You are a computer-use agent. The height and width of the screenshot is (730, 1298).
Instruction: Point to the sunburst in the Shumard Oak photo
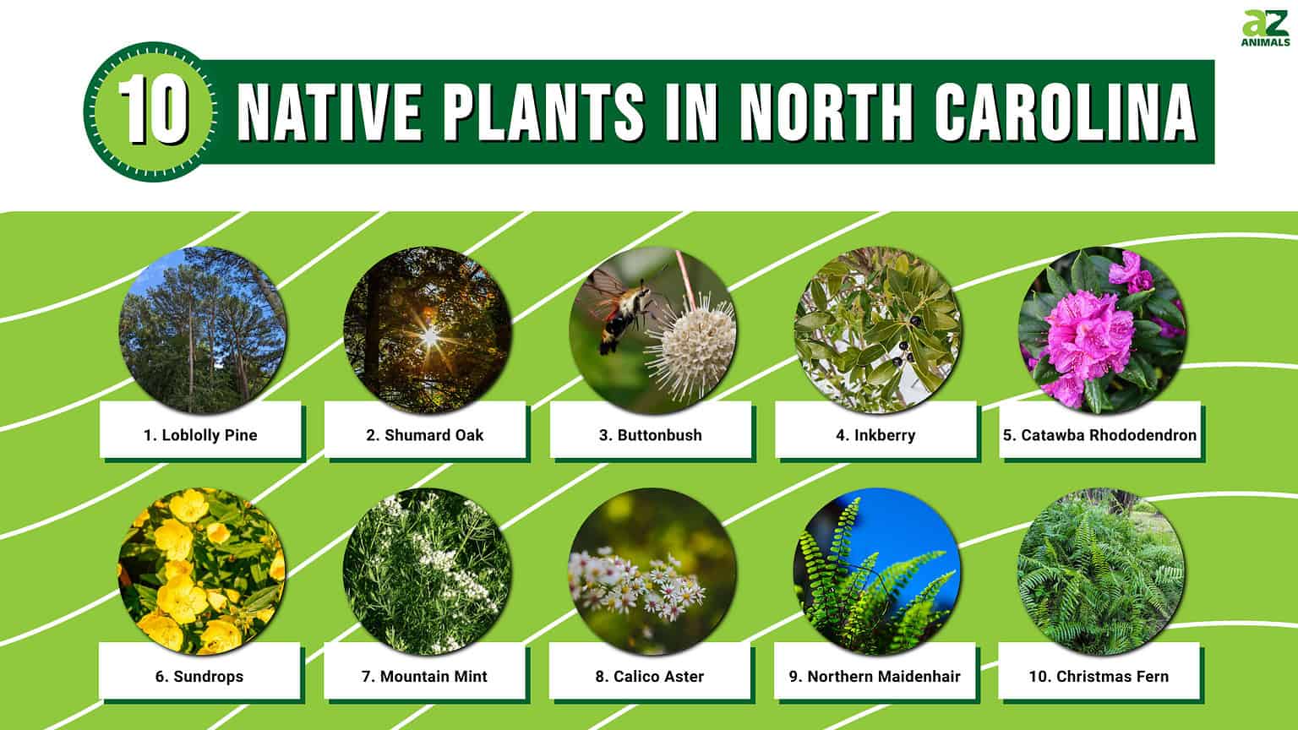point(429,338)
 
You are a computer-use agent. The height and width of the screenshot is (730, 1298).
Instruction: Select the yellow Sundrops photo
point(202,571)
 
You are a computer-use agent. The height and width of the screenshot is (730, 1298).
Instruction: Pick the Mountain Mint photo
point(427,571)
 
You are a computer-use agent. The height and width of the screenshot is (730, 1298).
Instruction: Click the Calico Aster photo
point(652,571)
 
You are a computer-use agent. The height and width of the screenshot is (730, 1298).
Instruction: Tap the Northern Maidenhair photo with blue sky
point(876,571)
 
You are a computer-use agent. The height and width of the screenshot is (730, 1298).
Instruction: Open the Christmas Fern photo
point(1101,571)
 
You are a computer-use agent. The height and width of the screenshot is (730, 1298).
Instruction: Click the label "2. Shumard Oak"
point(425,435)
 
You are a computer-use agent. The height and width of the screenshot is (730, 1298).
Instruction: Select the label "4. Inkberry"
point(875,435)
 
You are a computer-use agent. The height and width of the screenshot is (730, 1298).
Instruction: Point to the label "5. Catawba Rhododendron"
point(1099,435)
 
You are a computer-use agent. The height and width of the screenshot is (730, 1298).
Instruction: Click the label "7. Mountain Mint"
point(424,676)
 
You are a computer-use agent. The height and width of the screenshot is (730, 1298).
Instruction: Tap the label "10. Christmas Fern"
point(1099,676)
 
